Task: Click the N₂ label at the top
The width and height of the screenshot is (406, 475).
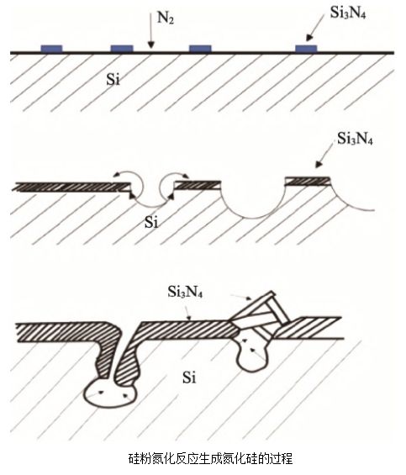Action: pyautogui.click(x=165, y=18)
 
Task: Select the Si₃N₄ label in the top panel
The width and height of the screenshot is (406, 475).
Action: pyautogui.click(x=347, y=13)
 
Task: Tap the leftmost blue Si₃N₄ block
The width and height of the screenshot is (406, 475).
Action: pyautogui.click(x=51, y=49)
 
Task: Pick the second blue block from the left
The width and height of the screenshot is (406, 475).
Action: pyautogui.click(x=122, y=49)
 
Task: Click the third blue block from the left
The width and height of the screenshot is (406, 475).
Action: pyautogui.click(x=200, y=49)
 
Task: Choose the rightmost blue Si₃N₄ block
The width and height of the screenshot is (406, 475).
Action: pyautogui.click(x=306, y=49)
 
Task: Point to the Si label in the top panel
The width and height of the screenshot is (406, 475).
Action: pyautogui.click(x=113, y=80)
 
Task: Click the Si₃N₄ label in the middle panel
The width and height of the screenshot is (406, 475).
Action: pyautogui.click(x=355, y=139)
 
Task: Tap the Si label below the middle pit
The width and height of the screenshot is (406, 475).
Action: pyautogui.click(x=151, y=222)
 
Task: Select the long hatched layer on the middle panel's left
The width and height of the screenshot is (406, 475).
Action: pyautogui.click(x=73, y=187)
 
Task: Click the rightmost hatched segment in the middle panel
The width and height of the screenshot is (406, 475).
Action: pyautogui.click(x=308, y=181)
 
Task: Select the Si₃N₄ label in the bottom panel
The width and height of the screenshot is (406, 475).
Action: pyautogui.click(x=185, y=292)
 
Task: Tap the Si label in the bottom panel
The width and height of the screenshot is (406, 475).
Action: pyautogui.click(x=189, y=377)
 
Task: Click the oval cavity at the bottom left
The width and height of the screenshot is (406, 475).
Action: pyautogui.click(x=108, y=393)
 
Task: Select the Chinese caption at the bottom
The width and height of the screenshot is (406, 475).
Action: pyautogui.click(x=210, y=459)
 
